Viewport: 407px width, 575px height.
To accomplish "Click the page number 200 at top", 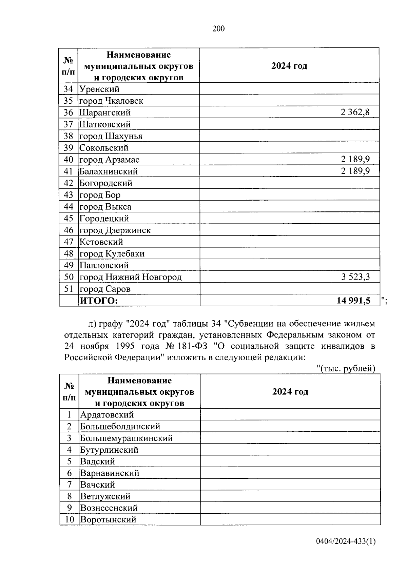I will coord(218,29).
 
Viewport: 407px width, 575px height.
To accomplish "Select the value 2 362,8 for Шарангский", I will coord(355,112).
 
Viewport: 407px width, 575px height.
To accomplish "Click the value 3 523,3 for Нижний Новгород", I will coord(355,277).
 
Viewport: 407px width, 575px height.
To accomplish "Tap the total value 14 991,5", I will coord(353,301).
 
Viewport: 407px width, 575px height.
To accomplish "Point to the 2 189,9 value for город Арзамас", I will coord(355,159).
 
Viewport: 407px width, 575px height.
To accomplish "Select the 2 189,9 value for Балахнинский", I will coord(355,171).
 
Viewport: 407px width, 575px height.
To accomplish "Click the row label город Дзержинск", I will coord(115,230).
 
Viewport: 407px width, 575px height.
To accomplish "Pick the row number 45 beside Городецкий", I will coord(69,219).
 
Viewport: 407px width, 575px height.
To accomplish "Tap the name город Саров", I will coord(105,289).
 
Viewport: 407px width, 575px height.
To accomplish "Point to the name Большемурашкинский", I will coord(126,438).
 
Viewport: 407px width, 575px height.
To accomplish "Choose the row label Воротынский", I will coord(108,519).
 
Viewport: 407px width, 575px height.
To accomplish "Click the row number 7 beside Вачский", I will coord(69,485).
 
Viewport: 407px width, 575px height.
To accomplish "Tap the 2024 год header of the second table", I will coord(290,392).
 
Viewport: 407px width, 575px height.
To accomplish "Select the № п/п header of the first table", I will coord(69,66).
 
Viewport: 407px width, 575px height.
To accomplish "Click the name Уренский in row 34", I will coord(99,89).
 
